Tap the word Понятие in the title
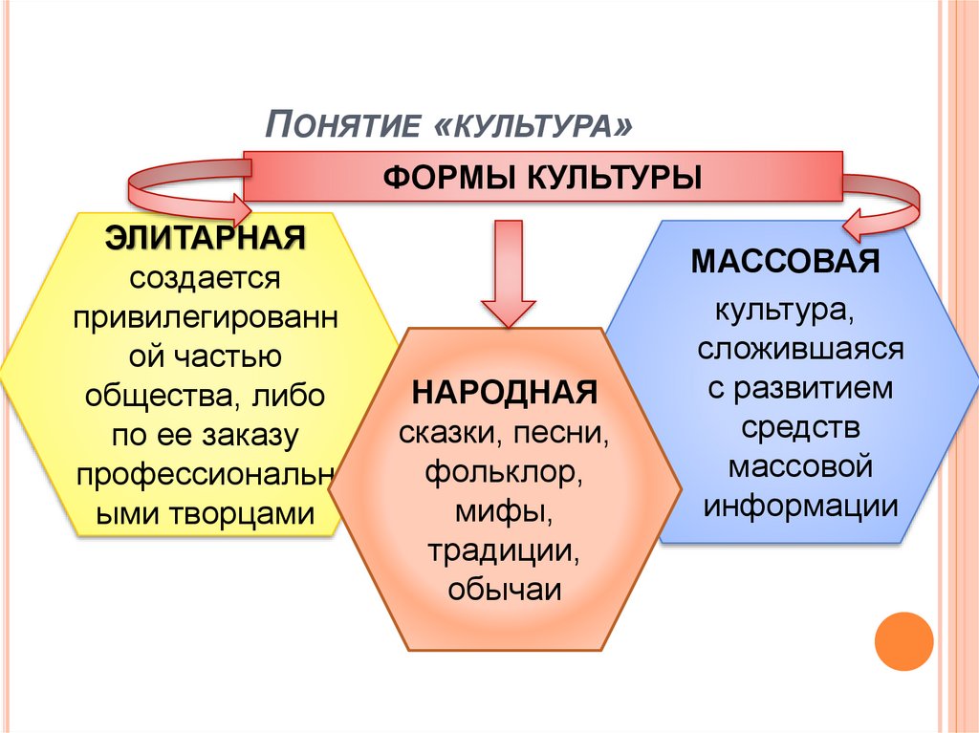point(342,125)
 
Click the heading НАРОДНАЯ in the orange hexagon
point(505,393)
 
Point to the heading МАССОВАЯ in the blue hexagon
point(785,262)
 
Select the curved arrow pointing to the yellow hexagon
point(182,186)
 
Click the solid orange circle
point(903,640)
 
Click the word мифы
point(506,511)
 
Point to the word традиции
point(505,550)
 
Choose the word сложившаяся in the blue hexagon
point(800,348)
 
